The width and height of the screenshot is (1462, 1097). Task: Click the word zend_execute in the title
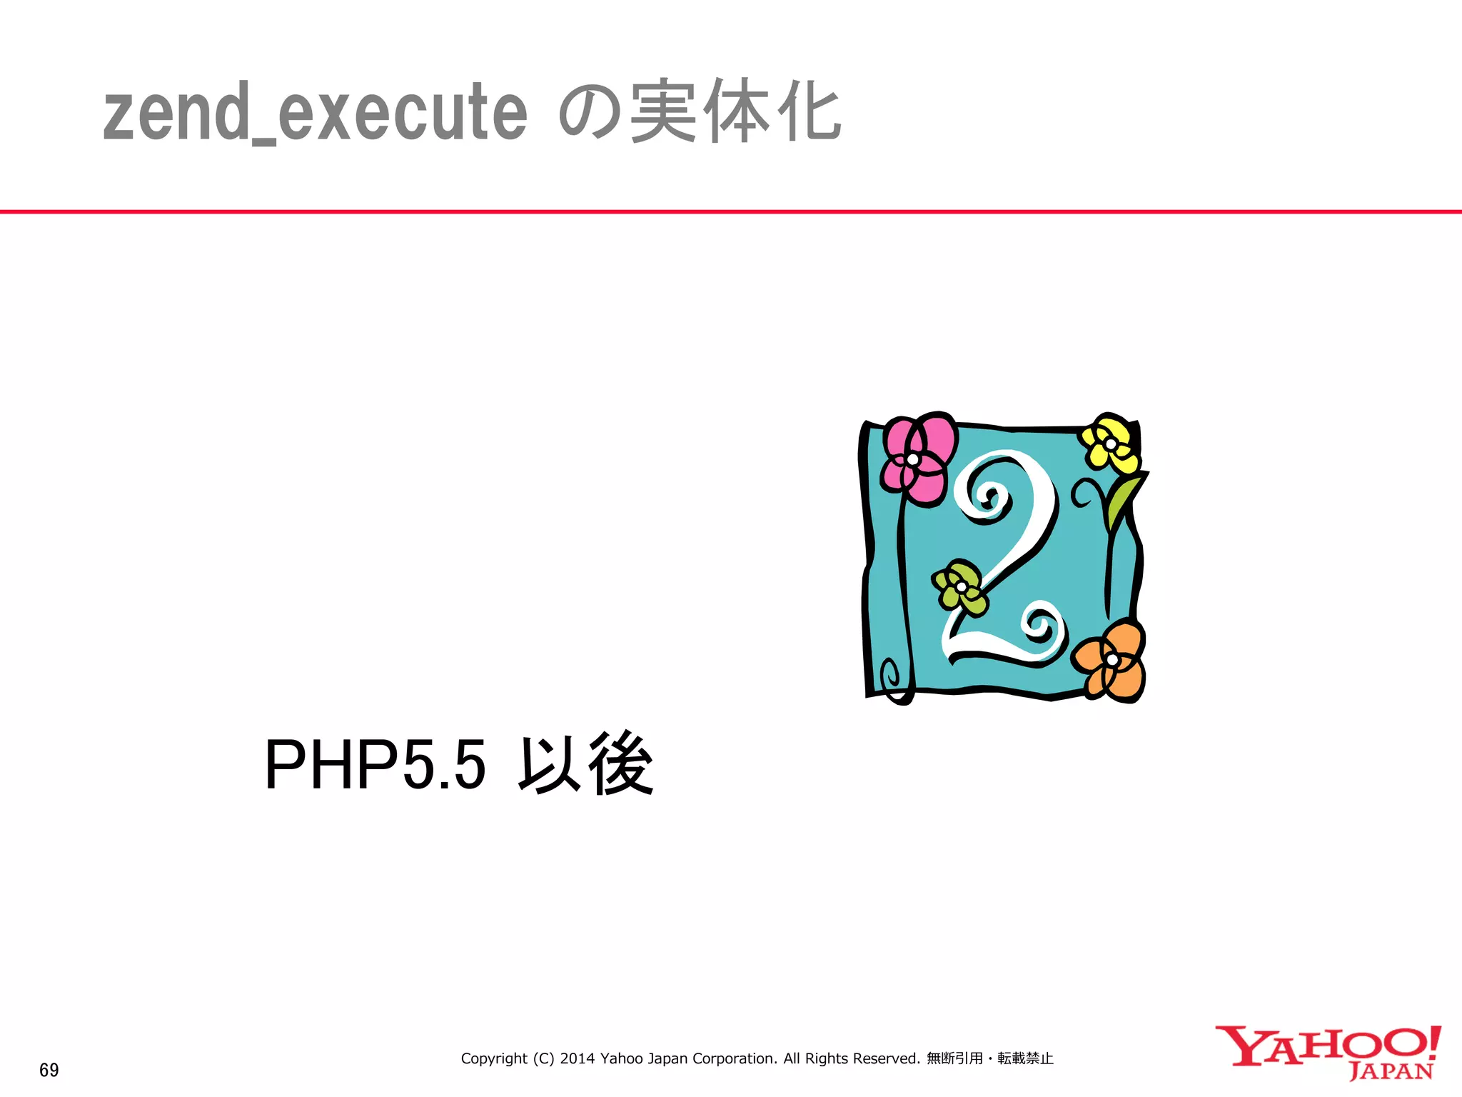(x=315, y=113)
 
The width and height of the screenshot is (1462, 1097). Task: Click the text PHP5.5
(x=375, y=765)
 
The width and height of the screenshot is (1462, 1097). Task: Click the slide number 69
(x=49, y=1070)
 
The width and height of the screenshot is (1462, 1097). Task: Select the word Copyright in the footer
(x=494, y=1058)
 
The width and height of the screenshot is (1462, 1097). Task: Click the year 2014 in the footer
(x=578, y=1058)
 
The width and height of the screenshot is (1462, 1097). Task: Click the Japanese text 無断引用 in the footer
(x=954, y=1058)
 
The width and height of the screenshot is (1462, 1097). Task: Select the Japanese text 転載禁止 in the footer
(x=1025, y=1058)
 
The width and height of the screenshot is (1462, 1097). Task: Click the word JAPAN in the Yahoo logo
(x=1391, y=1072)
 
